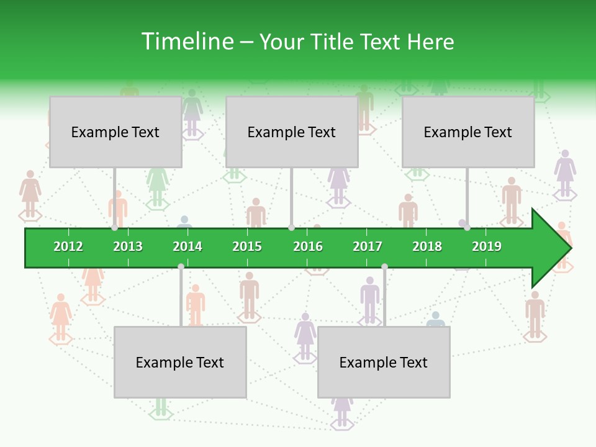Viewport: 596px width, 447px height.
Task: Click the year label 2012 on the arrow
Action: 68,246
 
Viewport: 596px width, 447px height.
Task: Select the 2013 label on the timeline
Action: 128,246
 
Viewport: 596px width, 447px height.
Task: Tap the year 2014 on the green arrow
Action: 187,246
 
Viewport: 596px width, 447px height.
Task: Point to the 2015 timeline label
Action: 247,246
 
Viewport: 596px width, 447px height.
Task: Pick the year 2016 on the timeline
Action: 308,246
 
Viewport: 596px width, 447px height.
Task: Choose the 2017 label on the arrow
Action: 368,246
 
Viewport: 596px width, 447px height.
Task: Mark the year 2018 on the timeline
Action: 427,246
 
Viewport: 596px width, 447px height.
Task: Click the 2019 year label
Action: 487,246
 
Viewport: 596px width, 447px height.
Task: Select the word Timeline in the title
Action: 186,42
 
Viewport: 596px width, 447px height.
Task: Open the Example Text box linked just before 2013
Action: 115,132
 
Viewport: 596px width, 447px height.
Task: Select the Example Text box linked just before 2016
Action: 292,132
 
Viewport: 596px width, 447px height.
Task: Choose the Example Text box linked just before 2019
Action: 468,132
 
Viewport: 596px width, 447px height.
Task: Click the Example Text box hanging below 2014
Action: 180,362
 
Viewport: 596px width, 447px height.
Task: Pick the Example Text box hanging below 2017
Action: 384,362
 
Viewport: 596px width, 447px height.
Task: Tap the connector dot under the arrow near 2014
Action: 181,266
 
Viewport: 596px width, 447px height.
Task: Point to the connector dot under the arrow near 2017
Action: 384,266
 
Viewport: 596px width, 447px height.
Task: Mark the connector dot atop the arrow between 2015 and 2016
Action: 291,228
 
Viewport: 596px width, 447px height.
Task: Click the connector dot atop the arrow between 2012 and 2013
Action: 115,228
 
